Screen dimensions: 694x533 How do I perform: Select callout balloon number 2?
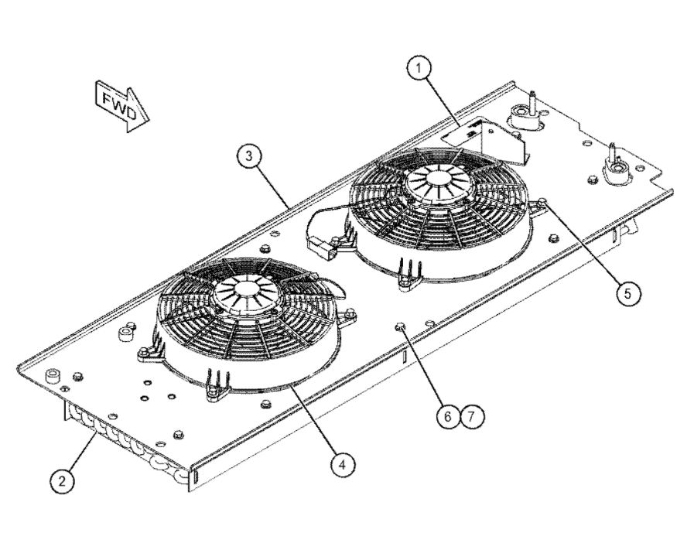[x=62, y=480]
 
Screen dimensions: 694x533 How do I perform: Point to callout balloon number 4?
[x=343, y=465]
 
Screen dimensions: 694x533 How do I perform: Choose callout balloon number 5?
[x=628, y=292]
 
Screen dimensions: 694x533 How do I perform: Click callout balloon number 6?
[x=448, y=416]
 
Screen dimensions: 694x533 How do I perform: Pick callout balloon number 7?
[x=472, y=416]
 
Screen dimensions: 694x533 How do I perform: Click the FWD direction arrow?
[x=122, y=106]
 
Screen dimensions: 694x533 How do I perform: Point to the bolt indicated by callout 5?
[x=542, y=203]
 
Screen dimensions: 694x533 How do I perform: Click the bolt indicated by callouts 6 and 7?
[x=400, y=326]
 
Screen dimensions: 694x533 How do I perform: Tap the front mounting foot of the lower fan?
[x=217, y=384]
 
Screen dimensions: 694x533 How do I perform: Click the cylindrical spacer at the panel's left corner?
[x=53, y=375]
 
